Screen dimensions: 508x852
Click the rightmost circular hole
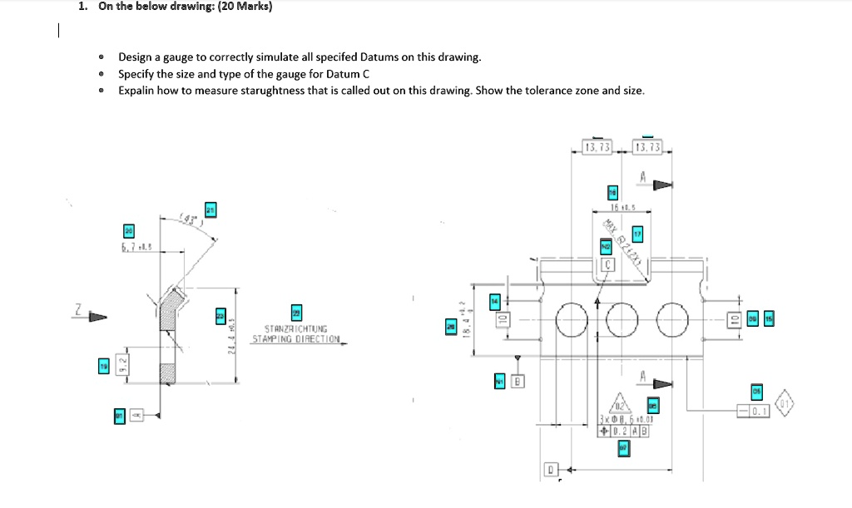[674, 318]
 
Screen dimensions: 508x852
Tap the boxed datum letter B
[517, 382]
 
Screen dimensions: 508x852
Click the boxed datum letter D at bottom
[550, 469]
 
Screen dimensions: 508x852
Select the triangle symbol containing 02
[617, 402]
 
